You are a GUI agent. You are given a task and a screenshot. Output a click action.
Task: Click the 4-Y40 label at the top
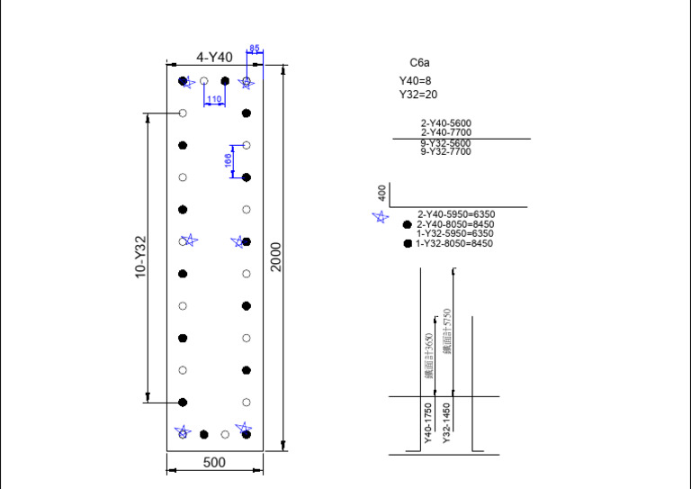tap(214, 57)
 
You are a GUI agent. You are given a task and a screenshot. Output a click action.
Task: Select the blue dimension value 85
tap(255, 49)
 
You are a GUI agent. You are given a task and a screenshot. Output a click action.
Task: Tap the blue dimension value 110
tap(214, 99)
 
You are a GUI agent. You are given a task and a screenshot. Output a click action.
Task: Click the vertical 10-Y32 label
tap(140, 257)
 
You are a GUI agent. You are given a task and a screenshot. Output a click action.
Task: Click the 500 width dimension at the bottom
tap(214, 462)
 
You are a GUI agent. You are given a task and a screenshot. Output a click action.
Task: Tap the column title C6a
tap(419, 63)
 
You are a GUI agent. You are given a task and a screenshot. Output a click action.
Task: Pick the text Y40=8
tap(416, 81)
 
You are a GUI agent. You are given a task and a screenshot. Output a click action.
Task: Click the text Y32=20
tap(418, 94)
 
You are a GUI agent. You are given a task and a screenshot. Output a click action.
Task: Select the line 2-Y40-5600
tap(445, 123)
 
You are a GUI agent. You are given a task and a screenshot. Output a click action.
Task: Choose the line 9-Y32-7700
tap(445, 152)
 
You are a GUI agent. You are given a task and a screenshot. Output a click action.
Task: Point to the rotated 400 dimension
tap(382, 193)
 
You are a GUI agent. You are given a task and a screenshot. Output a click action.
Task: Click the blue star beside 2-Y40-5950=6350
tap(381, 216)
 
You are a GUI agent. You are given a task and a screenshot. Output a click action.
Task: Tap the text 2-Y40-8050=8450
tap(455, 224)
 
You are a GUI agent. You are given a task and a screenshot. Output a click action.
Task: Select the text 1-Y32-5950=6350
tap(455, 234)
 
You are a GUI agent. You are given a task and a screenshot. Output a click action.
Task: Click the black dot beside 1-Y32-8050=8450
tap(408, 244)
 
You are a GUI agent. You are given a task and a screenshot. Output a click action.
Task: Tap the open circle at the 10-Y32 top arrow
tap(183, 113)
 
